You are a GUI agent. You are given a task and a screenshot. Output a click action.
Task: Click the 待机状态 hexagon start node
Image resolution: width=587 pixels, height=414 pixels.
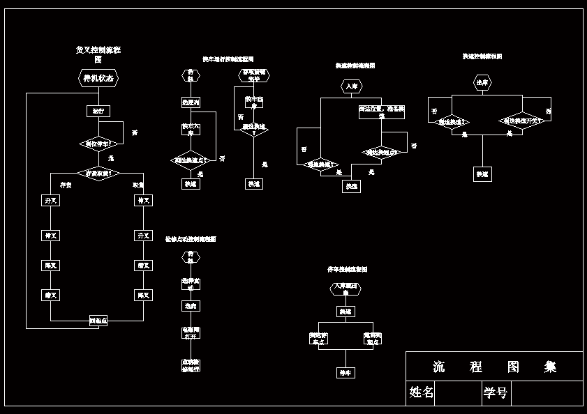(x=98, y=78)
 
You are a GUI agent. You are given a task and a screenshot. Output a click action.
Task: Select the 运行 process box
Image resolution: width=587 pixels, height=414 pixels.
(x=98, y=111)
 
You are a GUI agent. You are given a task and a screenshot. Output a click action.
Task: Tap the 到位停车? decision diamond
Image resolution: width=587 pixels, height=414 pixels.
(x=98, y=144)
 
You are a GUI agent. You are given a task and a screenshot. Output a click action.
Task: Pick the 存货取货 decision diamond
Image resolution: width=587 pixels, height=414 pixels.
(x=98, y=172)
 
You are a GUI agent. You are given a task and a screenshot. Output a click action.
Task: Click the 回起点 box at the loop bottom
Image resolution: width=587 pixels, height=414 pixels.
(x=98, y=321)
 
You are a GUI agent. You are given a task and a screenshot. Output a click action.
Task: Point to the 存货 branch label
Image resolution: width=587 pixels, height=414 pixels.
(x=66, y=185)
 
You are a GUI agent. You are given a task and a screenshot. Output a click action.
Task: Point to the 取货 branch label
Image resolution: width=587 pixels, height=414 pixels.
(x=138, y=185)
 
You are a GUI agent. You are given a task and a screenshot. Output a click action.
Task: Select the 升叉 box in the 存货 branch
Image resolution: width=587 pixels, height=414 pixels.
(x=50, y=201)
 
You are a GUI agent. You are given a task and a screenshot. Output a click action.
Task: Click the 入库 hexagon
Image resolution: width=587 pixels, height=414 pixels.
(x=352, y=86)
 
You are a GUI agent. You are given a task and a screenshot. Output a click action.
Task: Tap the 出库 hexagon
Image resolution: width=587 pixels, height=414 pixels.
(x=482, y=83)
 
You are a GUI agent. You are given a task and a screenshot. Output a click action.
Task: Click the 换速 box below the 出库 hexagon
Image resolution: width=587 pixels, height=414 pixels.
(x=482, y=174)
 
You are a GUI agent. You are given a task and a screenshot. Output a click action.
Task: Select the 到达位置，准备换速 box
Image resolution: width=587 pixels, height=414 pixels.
(x=381, y=111)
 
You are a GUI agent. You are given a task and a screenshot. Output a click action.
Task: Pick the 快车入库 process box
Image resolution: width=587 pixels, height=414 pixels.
(x=191, y=129)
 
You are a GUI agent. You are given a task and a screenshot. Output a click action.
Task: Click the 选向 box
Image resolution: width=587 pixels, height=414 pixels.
(x=191, y=305)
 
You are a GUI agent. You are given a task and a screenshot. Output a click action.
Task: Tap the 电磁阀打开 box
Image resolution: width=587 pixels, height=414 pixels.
(x=191, y=332)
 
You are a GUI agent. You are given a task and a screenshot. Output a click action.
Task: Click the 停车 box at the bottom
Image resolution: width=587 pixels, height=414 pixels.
(x=346, y=373)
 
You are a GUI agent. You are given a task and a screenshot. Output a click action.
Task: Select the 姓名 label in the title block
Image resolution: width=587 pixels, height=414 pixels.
(x=422, y=393)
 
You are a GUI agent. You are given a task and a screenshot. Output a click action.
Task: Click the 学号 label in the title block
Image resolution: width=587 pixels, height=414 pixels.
(x=496, y=393)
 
